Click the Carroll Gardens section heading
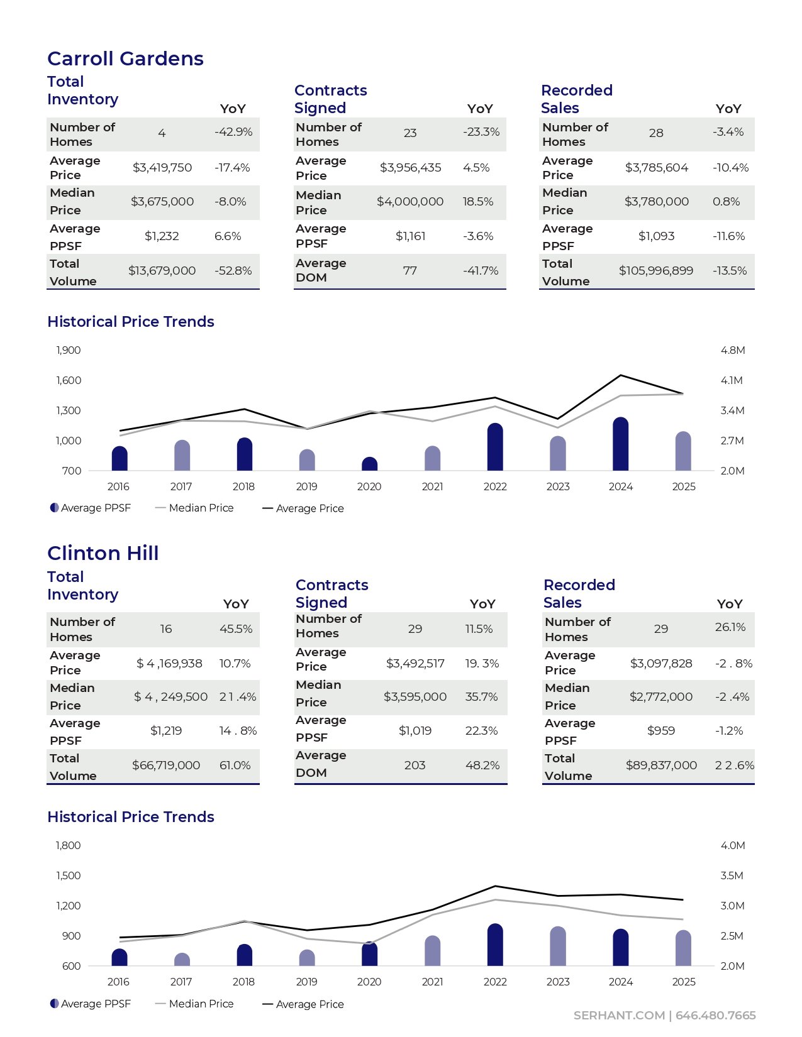pyautogui.click(x=125, y=58)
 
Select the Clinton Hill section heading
pyautogui.click(x=103, y=553)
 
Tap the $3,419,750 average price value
pyautogui.click(x=162, y=168)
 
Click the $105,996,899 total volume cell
pyautogui.click(x=656, y=271)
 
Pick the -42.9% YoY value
pyautogui.click(x=233, y=132)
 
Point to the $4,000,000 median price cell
pyautogui.click(x=410, y=202)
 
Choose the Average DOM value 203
pyautogui.click(x=415, y=765)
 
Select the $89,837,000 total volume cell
pyautogui.click(x=661, y=765)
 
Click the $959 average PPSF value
pyautogui.click(x=661, y=731)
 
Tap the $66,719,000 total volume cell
pyautogui.click(x=166, y=765)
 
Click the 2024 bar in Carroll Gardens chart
pyautogui.click(x=620, y=444)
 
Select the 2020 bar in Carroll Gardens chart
pyautogui.click(x=369, y=464)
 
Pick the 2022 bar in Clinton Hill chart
pyautogui.click(x=495, y=945)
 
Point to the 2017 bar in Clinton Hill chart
pyautogui.click(x=182, y=960)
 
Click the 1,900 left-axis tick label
pyautogui.click(x=69, y=350)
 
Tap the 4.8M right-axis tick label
pyautogui.click(x=733, y=350)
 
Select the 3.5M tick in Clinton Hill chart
pyautogui.click(x=732, y=875)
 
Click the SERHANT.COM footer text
pyautogui.click(x=618, y=1016)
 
